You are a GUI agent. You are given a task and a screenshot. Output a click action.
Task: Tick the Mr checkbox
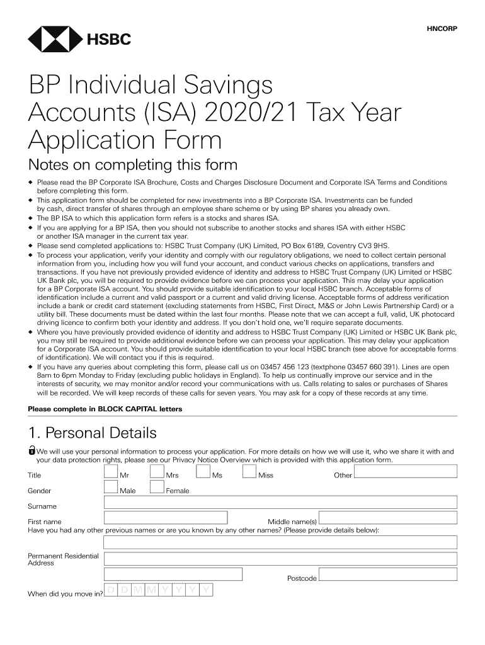(x=110, y=472)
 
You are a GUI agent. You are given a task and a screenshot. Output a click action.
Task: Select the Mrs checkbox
(x=156, y=472)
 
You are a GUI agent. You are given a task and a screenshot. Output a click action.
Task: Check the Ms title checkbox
(x=203, y=472)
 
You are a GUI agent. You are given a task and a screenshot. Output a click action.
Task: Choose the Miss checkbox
(x=249, y=472)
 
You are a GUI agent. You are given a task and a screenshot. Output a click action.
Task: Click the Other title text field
(x=405, y=472)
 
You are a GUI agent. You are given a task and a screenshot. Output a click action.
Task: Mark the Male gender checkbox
(x=110, y=487)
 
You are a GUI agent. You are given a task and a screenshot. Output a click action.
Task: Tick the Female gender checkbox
(x=156, y=487)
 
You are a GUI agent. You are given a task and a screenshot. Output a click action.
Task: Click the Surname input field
(x=280, y=502)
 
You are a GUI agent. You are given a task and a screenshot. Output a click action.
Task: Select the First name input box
(x=165, y=517)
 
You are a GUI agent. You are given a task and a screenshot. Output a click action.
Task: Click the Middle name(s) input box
(x=388, y=517)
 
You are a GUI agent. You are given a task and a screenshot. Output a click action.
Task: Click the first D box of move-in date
(x=110, y=590)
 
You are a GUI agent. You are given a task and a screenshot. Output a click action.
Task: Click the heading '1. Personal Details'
(x=92, y=433)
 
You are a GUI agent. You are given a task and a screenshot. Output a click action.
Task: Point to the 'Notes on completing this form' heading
(x=132, y=166)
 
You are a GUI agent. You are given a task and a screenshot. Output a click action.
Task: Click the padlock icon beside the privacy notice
(x=31, y=451)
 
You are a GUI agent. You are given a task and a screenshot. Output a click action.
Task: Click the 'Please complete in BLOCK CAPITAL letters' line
(x=105, y=409)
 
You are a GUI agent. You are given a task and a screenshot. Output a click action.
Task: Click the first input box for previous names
(x=280, y=542)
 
